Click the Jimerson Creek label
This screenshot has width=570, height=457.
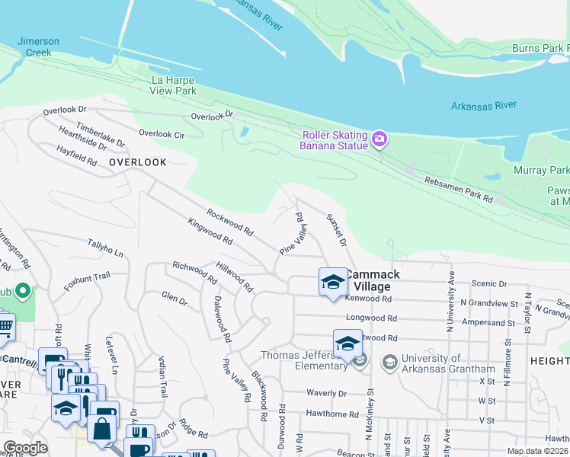tap(34, 47)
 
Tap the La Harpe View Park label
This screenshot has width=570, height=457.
tap(163, 85)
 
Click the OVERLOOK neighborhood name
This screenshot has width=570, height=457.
tap(137, 162)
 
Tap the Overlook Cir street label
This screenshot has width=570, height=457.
tap(162, 133)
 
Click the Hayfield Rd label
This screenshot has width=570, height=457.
tap(76, 156)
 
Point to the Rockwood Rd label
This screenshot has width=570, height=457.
tap(229, 222)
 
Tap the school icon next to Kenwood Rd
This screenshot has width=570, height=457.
tap(332, 283)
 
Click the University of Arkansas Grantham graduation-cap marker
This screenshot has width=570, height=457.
tap(389, 360)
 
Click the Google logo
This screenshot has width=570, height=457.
tap(24, 448)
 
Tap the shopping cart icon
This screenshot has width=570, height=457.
tap(5, 326)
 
